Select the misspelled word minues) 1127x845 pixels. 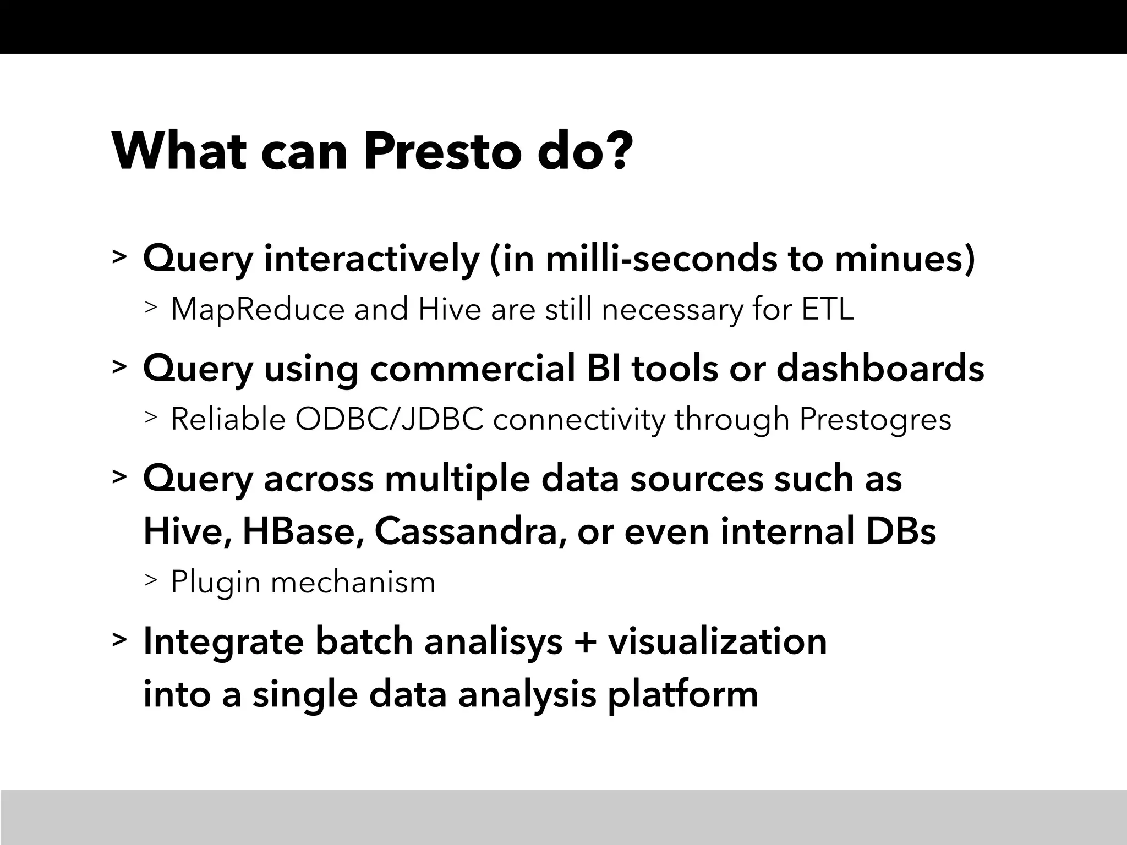[905, 259]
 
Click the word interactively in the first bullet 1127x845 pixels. [371, 259]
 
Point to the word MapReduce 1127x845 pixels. [258, 309]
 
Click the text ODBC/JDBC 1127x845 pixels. [389, 419]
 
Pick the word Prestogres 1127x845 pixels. [875, 419]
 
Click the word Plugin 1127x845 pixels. [215, 582]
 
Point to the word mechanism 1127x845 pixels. [353, 582]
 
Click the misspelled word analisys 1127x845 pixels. [494, 641]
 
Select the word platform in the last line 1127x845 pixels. [682, 694]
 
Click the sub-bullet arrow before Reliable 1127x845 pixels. [151, 419]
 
